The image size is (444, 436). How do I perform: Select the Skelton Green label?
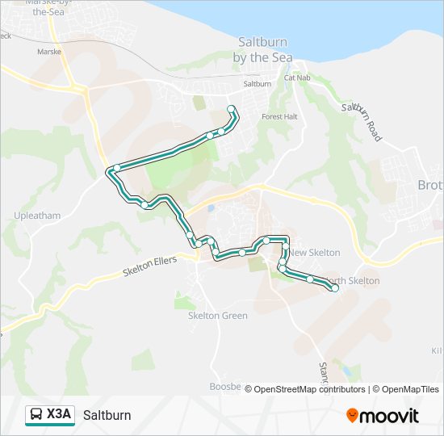tap(218, 316)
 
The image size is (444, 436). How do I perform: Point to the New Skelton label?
tap(315, 253)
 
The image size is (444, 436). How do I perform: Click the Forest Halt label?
tap(279, 116)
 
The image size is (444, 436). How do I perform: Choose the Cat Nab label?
tap(297, 78)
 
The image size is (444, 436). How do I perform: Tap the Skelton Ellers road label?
tap(150, 266)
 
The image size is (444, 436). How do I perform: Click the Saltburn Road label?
tap(360, 122)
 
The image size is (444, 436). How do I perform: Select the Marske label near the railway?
tap(49, 51)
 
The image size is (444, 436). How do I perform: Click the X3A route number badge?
tap(59, 415)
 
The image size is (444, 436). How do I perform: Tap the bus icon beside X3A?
tap(37, 415)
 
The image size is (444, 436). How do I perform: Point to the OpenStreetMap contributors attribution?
tap(305, 389)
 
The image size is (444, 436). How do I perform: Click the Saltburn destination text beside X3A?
tap(107, 416)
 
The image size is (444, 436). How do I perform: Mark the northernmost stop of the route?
tap(232, 109)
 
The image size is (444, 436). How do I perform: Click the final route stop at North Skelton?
tap(334, 288)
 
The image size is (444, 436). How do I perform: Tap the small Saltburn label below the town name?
tap(258, 84)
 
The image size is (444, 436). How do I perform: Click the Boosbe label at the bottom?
tap(225, 387)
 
